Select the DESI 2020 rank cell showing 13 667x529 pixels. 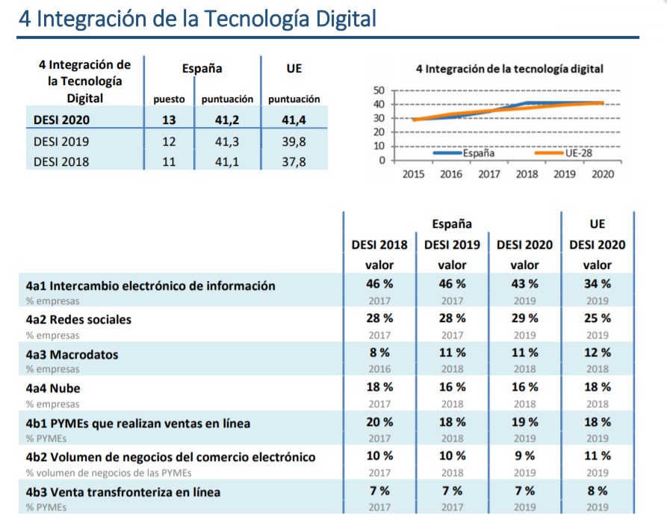click(169, 119)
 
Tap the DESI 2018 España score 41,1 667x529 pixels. click(227, 160)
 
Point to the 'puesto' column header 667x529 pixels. click(169, 99)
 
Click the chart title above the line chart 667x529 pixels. click(509, 69)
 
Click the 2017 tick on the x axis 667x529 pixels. click(489, 174)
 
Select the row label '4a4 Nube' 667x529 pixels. click(53, 389)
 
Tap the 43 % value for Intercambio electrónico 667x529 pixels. click(524, 285)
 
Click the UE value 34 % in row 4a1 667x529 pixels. click(597, 285)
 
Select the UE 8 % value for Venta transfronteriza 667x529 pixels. click(597, 491)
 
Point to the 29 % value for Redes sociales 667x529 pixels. click(524, 319)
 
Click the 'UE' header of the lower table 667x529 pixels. click(597, 223)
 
